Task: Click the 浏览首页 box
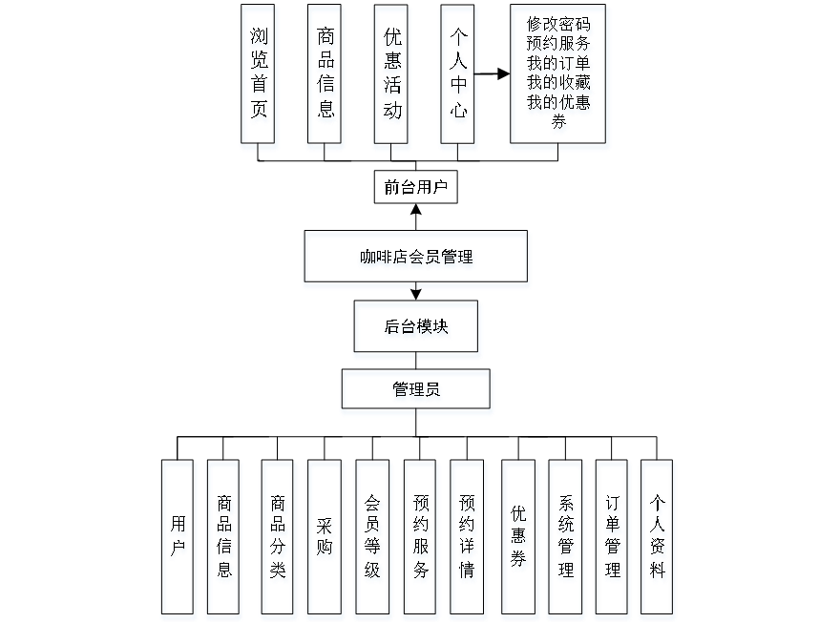click(x=259, y=77)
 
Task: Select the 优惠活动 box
click(x=392, y=77)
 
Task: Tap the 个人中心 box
click(x=458, y=77)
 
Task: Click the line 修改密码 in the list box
click(x=559, y=26)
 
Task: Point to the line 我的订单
click(x=559, y=64)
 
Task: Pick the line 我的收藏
click(x=559, y=83)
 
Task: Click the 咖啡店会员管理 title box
click(x=416, y=259)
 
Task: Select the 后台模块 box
click(x=417, y=329)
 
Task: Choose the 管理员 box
click(x=417, y=392)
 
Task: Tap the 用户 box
click(x=178, y=539)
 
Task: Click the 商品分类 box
click(x=278, y=539)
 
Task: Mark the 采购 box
click(x=325, y=539)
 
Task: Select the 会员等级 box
click(x=373, y=539)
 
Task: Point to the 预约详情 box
click(x=468, y=539)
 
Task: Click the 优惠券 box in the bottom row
click(x=518, y=539)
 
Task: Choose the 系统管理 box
click(x=566, y=539)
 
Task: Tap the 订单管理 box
click(x=612, y=539)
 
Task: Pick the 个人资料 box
click(x=659, y=539)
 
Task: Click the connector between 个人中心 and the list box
click(x=493, y=71)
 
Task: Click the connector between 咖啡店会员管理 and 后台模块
click(x=416, y=295)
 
